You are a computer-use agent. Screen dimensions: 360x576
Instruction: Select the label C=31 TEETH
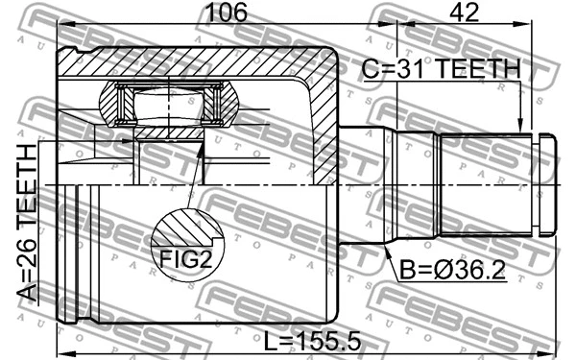coord(441,69)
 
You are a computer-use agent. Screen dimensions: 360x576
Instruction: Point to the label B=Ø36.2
coord(451,270)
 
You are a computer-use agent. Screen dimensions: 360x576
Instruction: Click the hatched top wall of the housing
coord(192,63)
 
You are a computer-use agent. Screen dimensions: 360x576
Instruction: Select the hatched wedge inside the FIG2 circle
coord(178,230)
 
